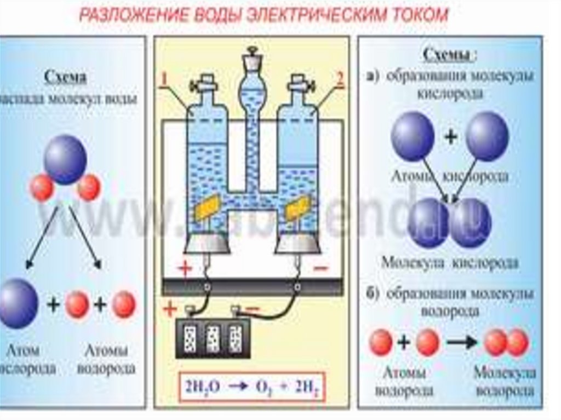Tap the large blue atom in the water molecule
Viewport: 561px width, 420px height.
(65, 158)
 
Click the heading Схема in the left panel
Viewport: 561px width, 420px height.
(65, 78)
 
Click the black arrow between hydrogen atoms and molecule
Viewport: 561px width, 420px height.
(461, 343)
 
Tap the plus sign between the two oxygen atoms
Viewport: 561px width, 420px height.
(450, 137)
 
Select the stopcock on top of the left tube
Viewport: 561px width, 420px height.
(204, 84)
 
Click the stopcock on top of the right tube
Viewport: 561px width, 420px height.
(301, 84)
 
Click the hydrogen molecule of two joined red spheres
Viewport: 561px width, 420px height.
(506, 342)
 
